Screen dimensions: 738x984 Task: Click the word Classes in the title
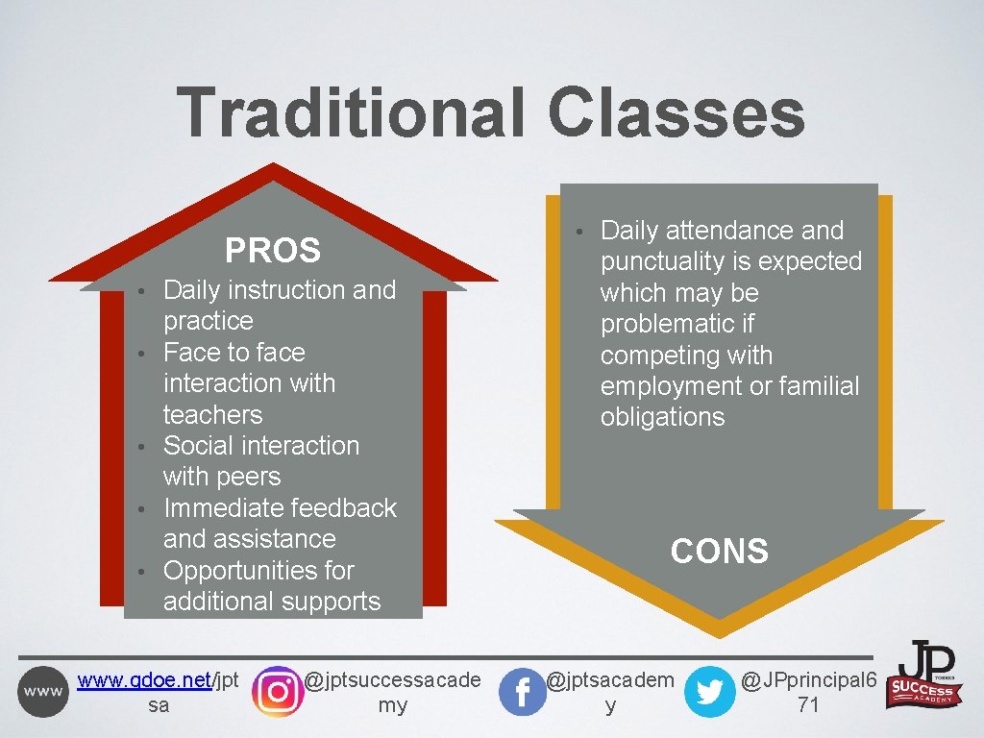676,112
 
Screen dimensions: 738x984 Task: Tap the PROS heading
273,251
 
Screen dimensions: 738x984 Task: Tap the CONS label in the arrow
720,552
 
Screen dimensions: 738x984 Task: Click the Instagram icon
277,692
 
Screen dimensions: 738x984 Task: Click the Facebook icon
523,692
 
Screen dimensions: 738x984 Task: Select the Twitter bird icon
709,692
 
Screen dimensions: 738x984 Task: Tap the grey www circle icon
43,692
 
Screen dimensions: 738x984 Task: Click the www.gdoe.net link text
144,680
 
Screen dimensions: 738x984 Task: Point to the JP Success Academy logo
925,676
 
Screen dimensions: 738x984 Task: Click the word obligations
662,417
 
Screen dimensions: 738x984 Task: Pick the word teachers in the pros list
212,414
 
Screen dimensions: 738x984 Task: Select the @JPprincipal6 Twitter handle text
808,680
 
